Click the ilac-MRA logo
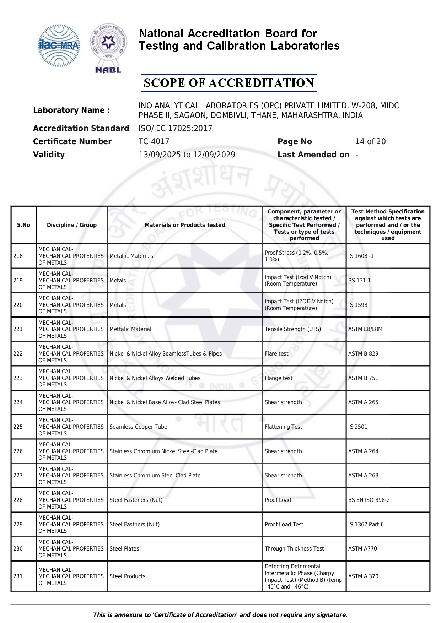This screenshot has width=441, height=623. click(x=59, y=46)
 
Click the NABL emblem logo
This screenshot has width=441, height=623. click(x=108, y=48)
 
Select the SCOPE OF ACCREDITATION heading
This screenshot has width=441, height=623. click(x=228, y=83)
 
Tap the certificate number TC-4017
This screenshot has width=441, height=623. click(x=154, y=141)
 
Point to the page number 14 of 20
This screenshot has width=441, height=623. click(x=370, y=141)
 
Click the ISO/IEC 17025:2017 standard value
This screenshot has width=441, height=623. click(x=175, y=128)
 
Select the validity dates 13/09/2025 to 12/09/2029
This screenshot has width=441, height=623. click(x=187, y=155)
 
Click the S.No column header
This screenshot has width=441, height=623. click(x=23, y=225)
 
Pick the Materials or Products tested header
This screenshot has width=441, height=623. click(x=185, y=225)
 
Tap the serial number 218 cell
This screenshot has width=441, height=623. click(x=18, y=256)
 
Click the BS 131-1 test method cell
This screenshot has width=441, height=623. click(x=359, y=280)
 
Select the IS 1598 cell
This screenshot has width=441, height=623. click(x=357, y=305)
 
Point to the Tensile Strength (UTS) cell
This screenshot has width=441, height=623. click(x=292, y=329)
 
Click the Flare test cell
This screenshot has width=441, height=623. click(x=276, y=354)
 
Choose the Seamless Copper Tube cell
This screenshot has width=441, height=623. click(x=138, y=427)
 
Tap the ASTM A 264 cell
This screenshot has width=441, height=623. click(x=363, y=451)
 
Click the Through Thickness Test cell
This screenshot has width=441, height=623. click(x=294, y=548)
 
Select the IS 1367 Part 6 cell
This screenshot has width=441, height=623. click(x=366, y=524)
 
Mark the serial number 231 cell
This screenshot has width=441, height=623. click(x=18, y=576)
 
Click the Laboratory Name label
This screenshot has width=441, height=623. click(x=71, y=110)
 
